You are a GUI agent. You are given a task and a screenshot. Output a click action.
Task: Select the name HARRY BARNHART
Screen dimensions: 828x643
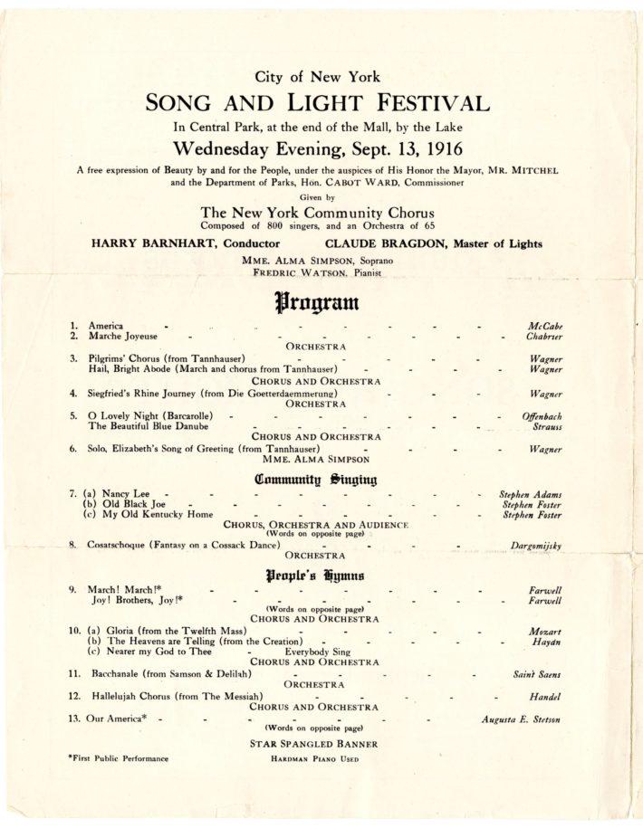(x=151, y=243)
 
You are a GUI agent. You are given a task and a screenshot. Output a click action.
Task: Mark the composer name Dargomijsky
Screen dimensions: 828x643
(x=530, y=547)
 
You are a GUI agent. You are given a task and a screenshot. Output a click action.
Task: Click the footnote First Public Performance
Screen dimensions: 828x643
(x=118, y=758)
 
